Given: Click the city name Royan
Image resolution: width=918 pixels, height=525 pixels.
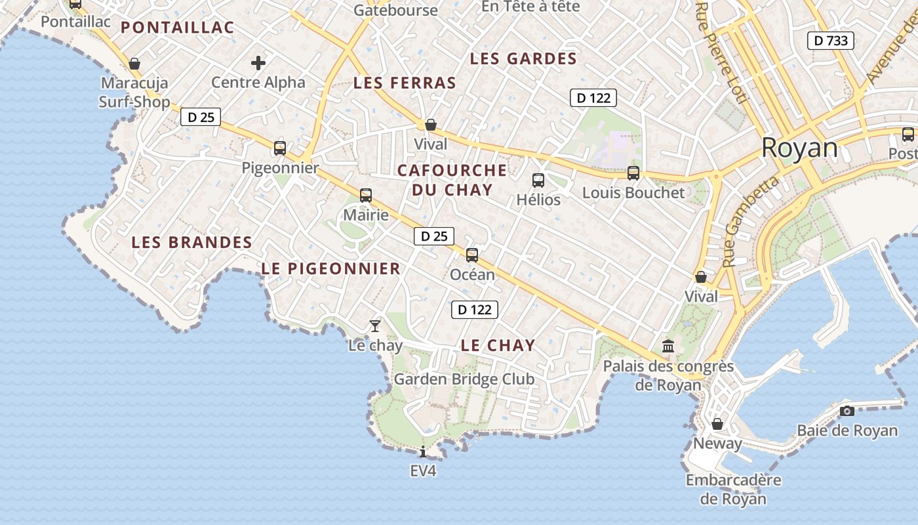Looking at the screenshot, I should [799, 148].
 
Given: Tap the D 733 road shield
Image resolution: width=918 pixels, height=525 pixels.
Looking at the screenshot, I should [831, 41].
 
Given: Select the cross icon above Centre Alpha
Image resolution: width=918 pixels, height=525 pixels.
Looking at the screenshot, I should [258, 63].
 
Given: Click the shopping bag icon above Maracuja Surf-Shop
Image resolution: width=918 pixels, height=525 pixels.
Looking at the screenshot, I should [134, 64].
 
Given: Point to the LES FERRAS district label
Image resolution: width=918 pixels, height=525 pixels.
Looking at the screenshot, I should [404, 83].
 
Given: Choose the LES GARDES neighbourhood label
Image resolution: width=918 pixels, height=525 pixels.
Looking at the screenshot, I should [523, 59].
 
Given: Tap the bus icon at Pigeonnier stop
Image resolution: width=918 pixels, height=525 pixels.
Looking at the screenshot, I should [280, 148].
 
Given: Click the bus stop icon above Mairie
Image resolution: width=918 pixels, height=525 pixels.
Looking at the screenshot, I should [366, 195].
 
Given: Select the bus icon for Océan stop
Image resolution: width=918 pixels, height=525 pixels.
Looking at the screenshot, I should [472, 255].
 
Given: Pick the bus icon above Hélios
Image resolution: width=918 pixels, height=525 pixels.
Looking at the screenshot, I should [538, 180].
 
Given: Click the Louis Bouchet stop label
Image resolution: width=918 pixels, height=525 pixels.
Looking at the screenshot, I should [633, 192].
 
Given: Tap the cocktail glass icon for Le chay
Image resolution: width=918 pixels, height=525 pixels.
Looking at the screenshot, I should [375, 325].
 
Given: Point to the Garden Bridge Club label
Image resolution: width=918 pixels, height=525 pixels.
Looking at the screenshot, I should [464, 379].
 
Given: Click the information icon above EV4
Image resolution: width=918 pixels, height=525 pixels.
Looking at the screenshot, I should [423, 451].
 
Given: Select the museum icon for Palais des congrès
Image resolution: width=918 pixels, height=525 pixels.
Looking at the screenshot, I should [668, 346].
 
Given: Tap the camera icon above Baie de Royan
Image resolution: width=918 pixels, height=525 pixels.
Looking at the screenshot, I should [847, 411].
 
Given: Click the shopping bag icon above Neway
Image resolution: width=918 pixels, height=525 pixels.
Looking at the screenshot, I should [717, 424].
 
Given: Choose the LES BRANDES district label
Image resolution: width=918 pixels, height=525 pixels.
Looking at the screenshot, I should [191, 242].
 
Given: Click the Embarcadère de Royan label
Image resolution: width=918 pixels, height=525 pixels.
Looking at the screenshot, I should [733, 489].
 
